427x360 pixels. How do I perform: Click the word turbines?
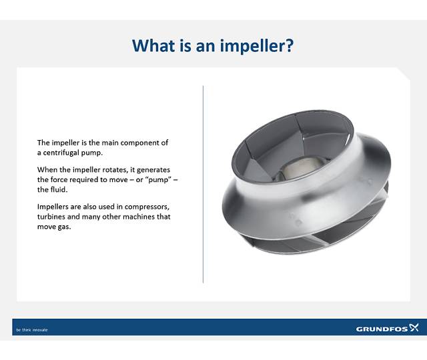point(52,217)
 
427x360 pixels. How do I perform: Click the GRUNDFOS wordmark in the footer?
point(381,329)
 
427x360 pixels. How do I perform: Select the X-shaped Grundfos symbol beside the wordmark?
point(414,328)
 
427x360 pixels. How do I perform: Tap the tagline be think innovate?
point(32,329)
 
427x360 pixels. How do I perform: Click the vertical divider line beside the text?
point(203,184)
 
